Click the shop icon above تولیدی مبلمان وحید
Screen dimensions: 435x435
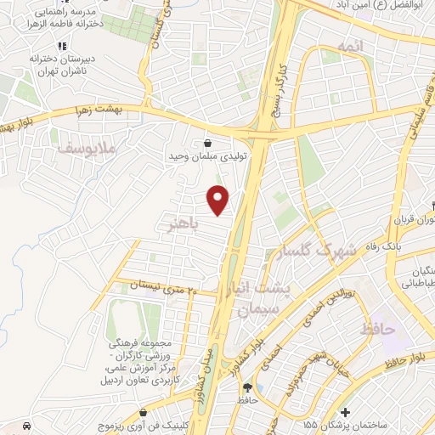(206, 143)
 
